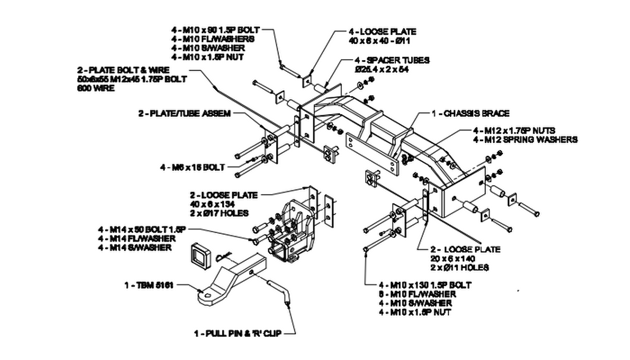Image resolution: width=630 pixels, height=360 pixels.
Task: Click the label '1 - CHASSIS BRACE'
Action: pos(471,113)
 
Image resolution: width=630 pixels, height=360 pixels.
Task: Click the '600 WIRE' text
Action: pos(95,88)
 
